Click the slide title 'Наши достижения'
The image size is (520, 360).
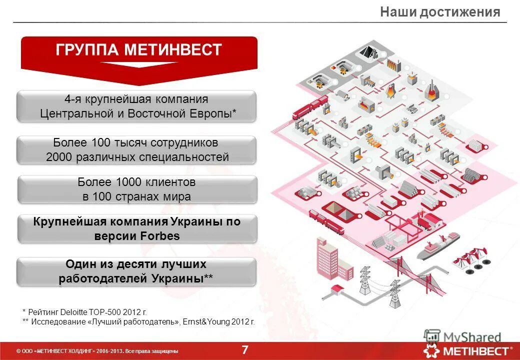pos(439,12)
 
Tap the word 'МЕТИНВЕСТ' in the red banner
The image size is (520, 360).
pos(173,50)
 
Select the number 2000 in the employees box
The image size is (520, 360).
pos(59,157)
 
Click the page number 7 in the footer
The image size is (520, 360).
pos(245,350)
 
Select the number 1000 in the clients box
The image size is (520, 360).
pos(129,182)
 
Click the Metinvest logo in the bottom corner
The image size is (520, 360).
pos(467,350)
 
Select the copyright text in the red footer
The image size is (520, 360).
pos(97,351)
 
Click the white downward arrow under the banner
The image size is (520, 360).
pos(138,64)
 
